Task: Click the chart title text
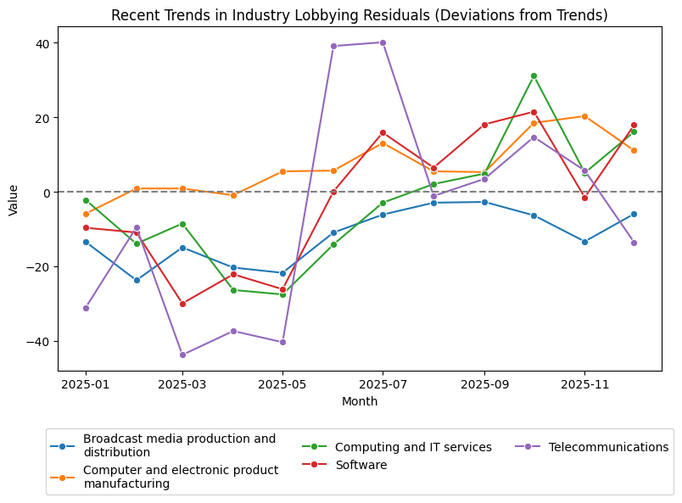[x=360, y=15]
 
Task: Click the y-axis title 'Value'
[x=14, y=199]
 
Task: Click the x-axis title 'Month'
[x=360, y=401]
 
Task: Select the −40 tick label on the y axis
[x=38, y=341]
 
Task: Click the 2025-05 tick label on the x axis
[x=282, y=384]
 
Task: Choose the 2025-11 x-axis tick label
[x=584, y=384]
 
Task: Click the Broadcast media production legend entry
[x=179, y=445]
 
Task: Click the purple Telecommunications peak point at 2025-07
[x=383, y=42]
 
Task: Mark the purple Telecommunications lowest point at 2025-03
[x=182, y=355]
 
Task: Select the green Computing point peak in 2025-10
[x=534, y=75]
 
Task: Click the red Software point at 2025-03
[x=182, y=304]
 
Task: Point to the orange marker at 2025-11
[x=584, y=116]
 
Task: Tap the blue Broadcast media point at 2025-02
[x=137, y=280]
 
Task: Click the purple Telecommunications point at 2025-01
[x=86, y=308]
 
